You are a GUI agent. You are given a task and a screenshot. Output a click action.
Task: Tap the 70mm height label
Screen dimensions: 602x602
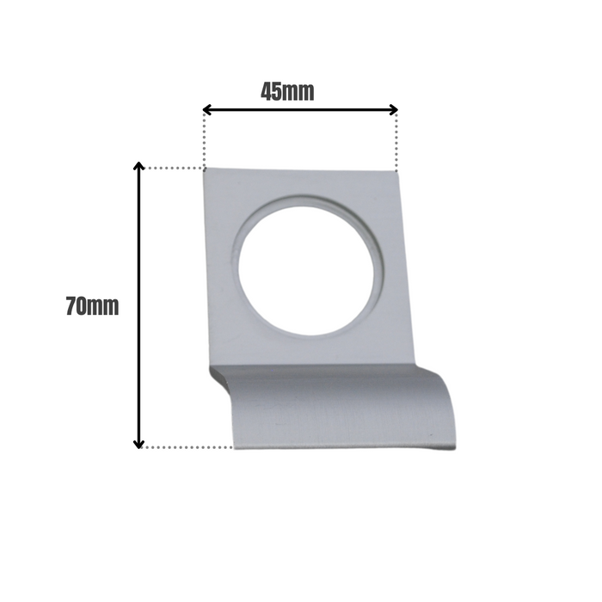[92, 306]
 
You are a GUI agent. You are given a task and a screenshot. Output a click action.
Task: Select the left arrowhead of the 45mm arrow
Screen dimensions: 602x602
[207, 109]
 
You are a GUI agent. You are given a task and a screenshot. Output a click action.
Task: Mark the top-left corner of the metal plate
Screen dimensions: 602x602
[206, 169]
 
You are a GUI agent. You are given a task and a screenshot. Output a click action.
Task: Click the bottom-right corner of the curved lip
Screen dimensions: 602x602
[453, 447]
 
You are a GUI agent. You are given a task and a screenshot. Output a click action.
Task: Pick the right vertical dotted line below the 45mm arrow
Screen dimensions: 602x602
[397, 142]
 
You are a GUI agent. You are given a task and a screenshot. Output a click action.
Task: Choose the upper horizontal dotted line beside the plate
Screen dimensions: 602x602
[172, 168]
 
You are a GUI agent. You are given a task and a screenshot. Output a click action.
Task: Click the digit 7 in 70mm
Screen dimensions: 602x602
[71, 306]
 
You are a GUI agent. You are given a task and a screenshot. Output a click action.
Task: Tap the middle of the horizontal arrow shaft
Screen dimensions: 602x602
[300, 109]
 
